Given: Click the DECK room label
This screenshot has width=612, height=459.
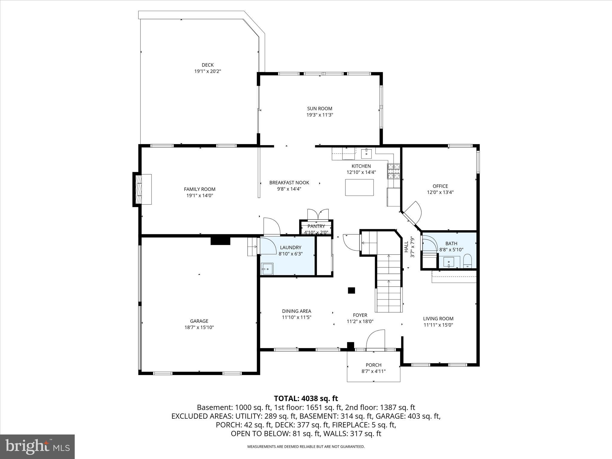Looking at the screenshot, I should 208,65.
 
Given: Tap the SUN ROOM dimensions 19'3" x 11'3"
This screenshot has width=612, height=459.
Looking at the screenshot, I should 319,115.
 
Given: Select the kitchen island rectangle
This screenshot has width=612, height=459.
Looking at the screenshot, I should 359,187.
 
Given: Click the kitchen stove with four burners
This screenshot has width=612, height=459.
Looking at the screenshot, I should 394,171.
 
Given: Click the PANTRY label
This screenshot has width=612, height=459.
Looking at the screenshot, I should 316,226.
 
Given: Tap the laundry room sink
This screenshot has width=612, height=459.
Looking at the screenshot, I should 267,269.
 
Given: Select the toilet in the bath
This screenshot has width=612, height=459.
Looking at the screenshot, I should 467,261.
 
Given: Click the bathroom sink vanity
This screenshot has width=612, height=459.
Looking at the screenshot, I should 449,262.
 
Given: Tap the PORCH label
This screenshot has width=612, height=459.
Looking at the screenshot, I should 374,365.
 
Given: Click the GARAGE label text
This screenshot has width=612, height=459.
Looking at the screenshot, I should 199,321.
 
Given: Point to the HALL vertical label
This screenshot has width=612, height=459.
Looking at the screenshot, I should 406,247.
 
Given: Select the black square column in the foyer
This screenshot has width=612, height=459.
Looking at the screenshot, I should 351,290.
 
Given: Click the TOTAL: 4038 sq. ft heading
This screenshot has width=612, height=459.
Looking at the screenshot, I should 306,398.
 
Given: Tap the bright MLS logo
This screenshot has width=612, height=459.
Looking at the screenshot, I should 37,446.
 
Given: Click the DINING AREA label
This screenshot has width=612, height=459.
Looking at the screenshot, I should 296,311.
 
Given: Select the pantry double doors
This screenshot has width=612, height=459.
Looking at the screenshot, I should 318,215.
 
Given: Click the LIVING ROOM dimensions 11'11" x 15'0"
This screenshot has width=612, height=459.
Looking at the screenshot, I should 438,325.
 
